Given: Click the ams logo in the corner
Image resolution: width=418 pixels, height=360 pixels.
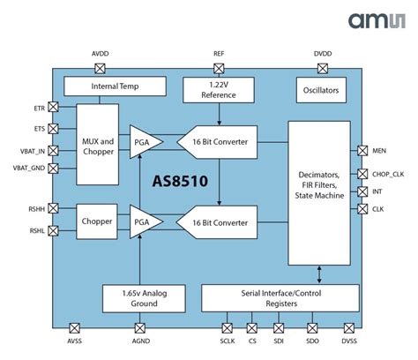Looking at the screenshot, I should [x=377, y=21].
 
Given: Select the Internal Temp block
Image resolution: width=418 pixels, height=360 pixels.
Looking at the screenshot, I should [x=116, y=86].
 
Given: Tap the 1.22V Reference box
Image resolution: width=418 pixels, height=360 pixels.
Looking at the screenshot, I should [x=219, y=89].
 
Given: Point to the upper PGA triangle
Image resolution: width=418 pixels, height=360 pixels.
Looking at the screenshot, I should [x=143, y=141].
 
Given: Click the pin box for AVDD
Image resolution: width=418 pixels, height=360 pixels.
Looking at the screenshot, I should [x=101, y=67].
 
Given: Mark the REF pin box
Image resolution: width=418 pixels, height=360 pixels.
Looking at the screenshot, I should [x=219, y=67].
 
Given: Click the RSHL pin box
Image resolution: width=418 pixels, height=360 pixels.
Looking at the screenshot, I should [x=54, y=231].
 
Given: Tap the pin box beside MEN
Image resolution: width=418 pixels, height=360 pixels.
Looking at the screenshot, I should [x=362, y=152].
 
